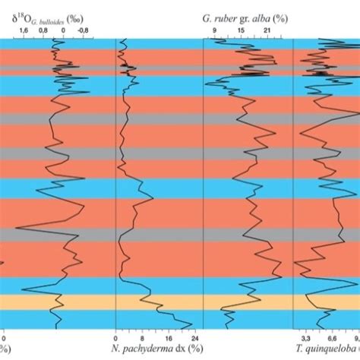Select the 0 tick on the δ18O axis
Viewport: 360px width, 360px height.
[64, 29]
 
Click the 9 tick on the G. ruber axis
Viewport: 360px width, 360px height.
[214, 29]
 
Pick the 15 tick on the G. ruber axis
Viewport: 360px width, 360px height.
[241, 29]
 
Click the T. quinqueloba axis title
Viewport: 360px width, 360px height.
[319, 350]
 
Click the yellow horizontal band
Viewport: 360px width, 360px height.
[180, 302]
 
